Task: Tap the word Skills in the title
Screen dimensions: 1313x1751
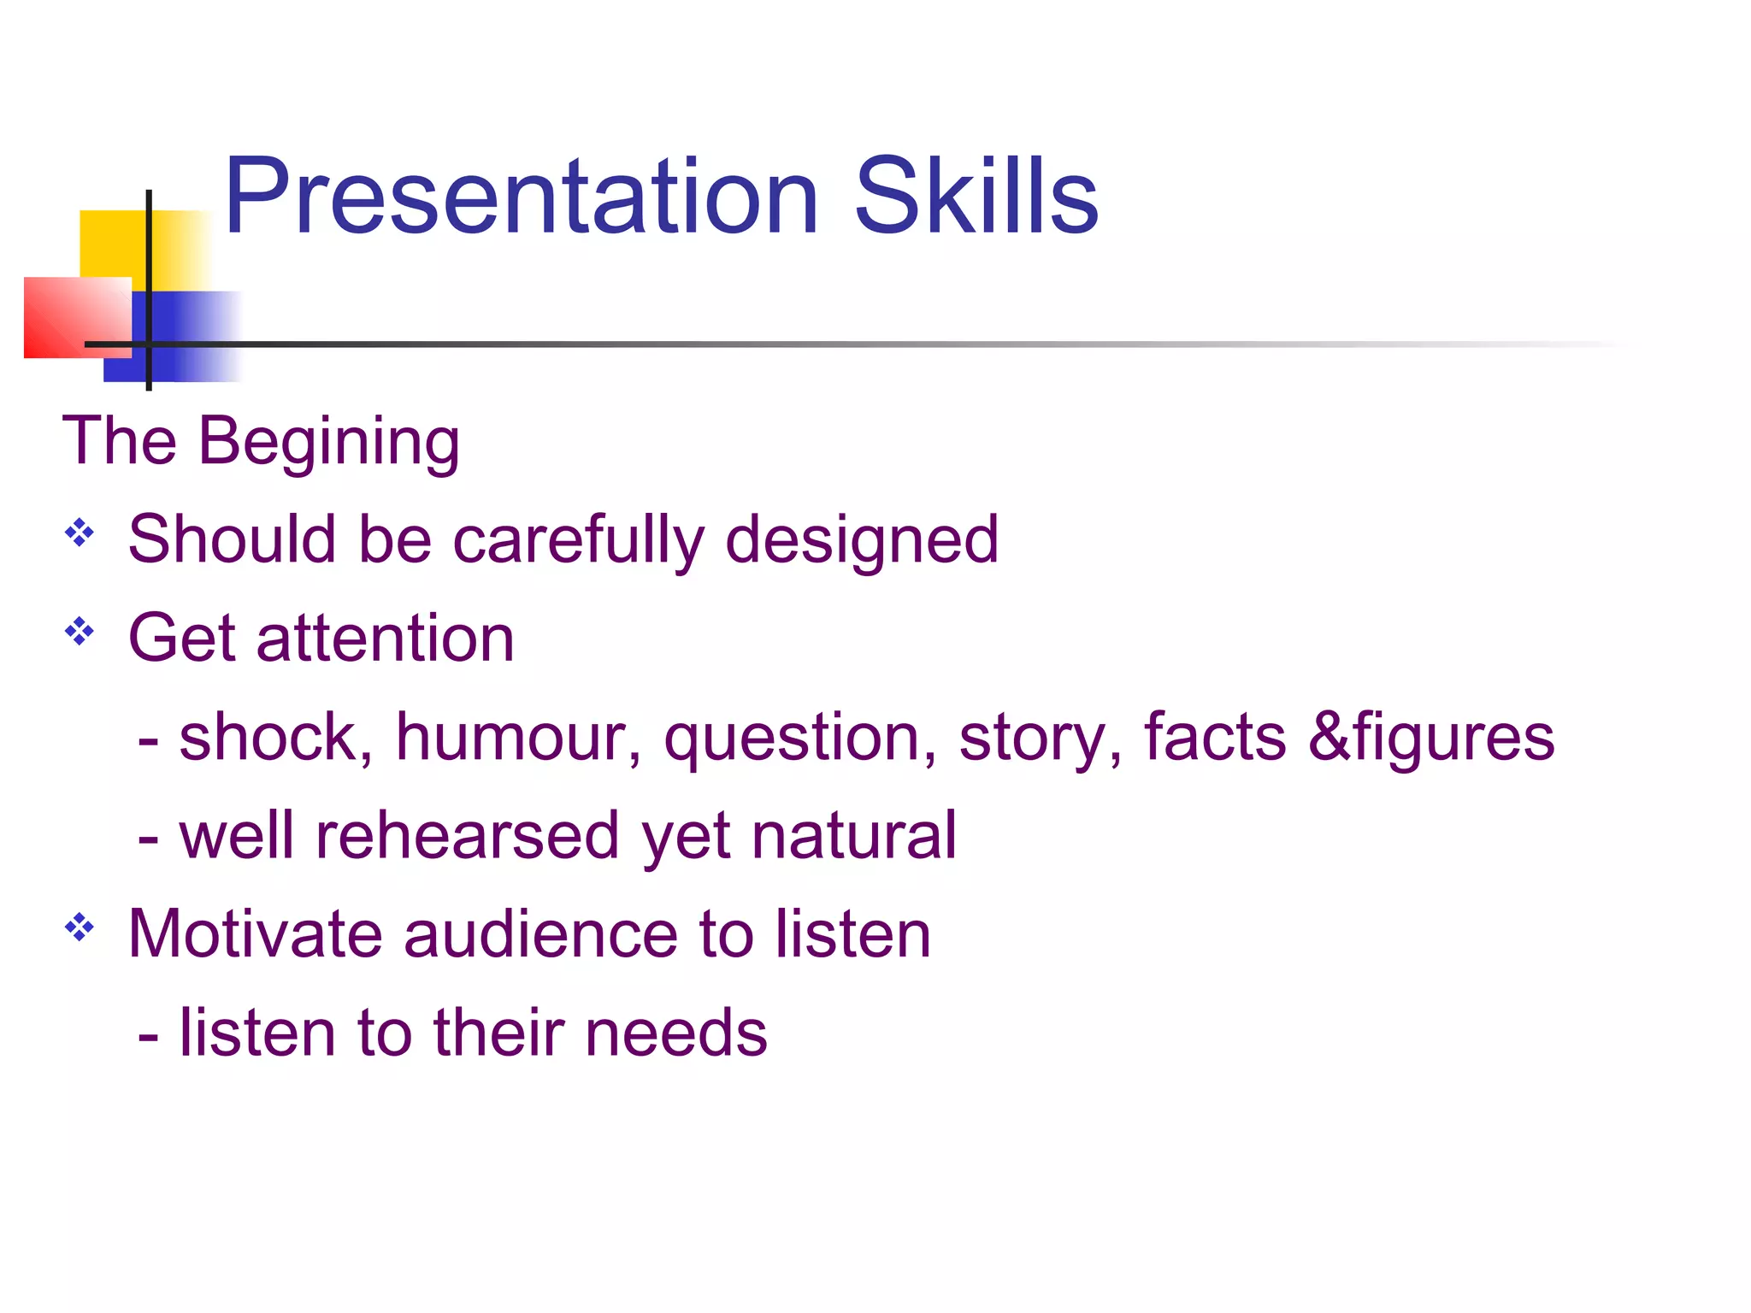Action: click(976, 198)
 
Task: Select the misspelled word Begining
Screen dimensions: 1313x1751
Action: click(329, 443)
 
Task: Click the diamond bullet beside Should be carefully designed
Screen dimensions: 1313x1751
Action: click(80, 533)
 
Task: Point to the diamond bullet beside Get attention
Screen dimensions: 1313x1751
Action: click(80, 632)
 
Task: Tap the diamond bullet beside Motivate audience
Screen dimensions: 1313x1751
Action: click(80, 927)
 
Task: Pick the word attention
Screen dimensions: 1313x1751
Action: click(385, 639)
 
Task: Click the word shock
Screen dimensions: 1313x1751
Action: click(275, 737)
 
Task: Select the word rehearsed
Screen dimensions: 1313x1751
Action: click(467, 836)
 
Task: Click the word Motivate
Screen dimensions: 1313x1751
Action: click(255, 934)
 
